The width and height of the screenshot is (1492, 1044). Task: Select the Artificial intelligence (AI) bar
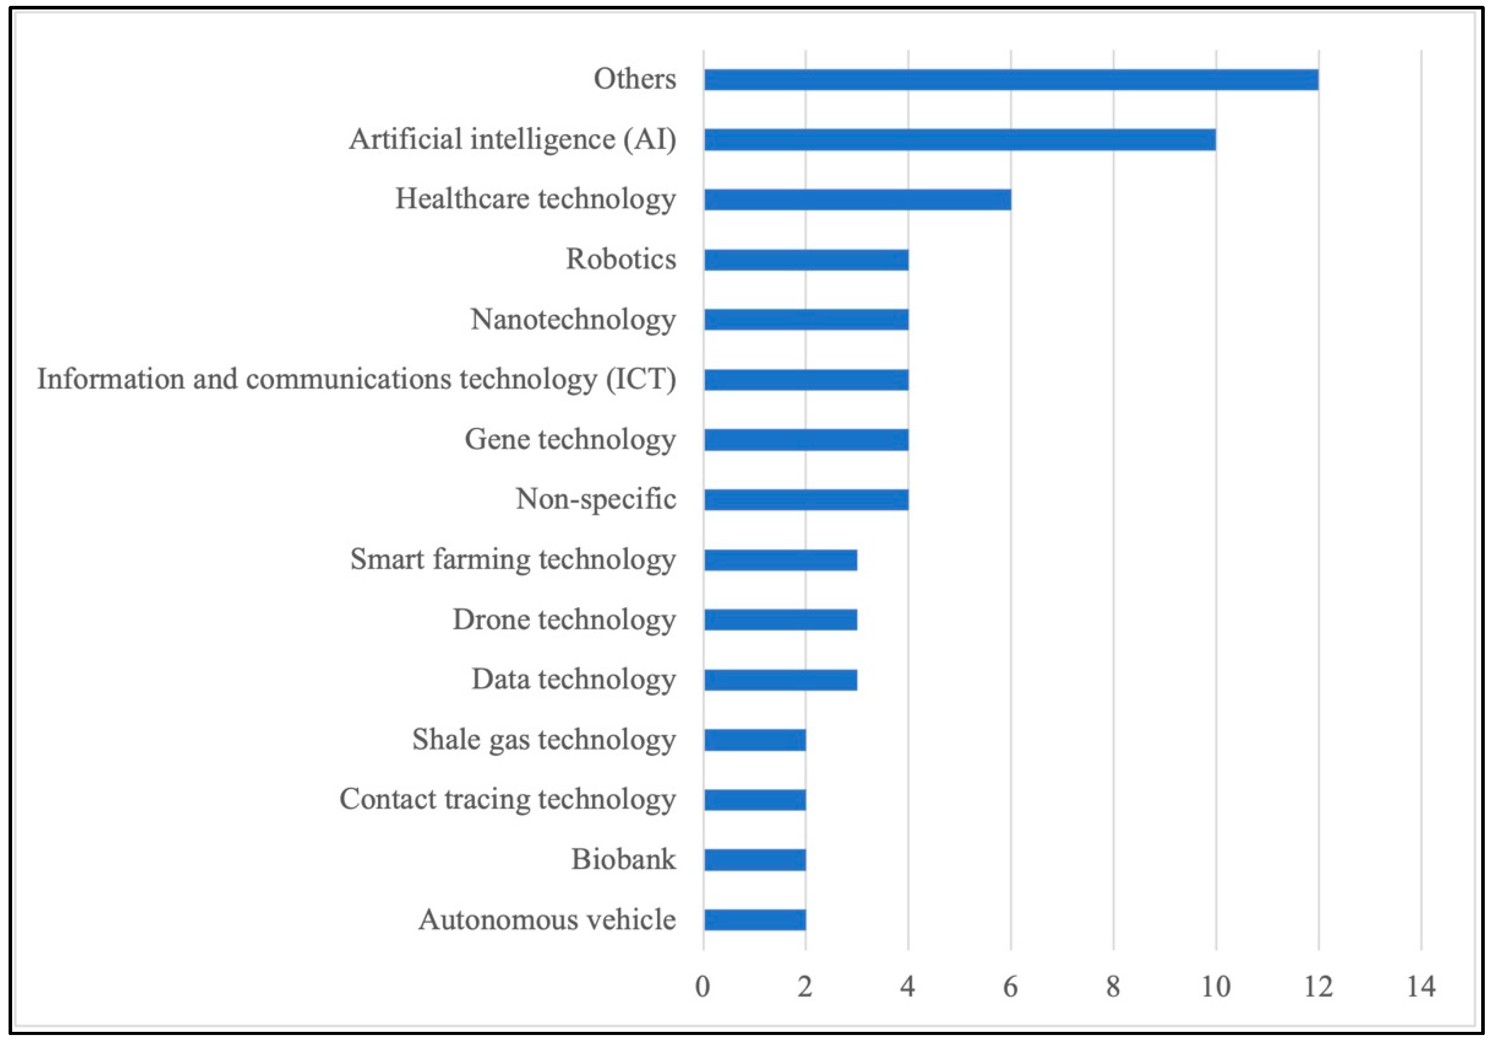(x=959, y=140)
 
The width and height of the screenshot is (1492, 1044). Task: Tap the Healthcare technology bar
(x=857, y=200)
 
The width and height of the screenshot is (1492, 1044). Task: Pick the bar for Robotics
(x=806, y=260)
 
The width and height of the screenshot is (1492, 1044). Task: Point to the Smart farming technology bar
(x=780, y=560)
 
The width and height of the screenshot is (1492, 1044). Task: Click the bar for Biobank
(x=754, y=859)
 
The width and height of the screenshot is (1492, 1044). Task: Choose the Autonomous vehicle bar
(x=754, y=920)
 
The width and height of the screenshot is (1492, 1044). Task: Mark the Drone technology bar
(x=780, y=620)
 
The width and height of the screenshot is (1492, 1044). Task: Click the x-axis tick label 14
(x=1420, y=987)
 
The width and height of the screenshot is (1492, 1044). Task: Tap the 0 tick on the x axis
(x=703, y=987)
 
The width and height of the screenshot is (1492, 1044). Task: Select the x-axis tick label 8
(x=1113, y=987)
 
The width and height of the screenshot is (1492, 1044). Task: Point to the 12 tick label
(x=1318, y=987)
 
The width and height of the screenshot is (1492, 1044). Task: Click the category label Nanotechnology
(x=573, y=320)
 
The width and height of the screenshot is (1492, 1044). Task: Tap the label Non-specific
(x=596, y=499)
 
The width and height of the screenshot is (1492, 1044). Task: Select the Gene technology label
(x=570, y=440)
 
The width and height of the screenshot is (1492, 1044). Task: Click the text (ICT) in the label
(x=641, y=379)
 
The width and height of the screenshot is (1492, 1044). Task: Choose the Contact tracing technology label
(x=508, y=799)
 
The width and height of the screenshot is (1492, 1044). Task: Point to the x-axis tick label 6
(x=1011, y=987)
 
